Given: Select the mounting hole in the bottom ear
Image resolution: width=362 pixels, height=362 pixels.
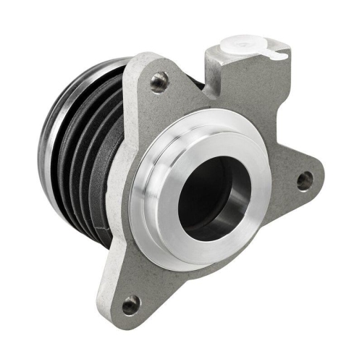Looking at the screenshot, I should tap(131, 304).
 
